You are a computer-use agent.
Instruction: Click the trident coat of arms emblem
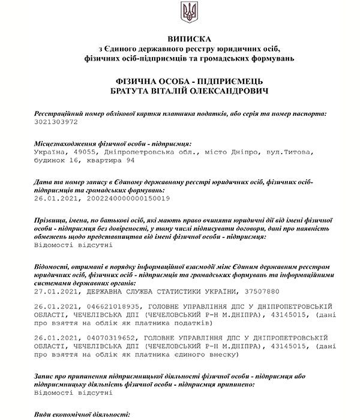[188, 11]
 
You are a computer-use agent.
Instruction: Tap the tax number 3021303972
[57, 122]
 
